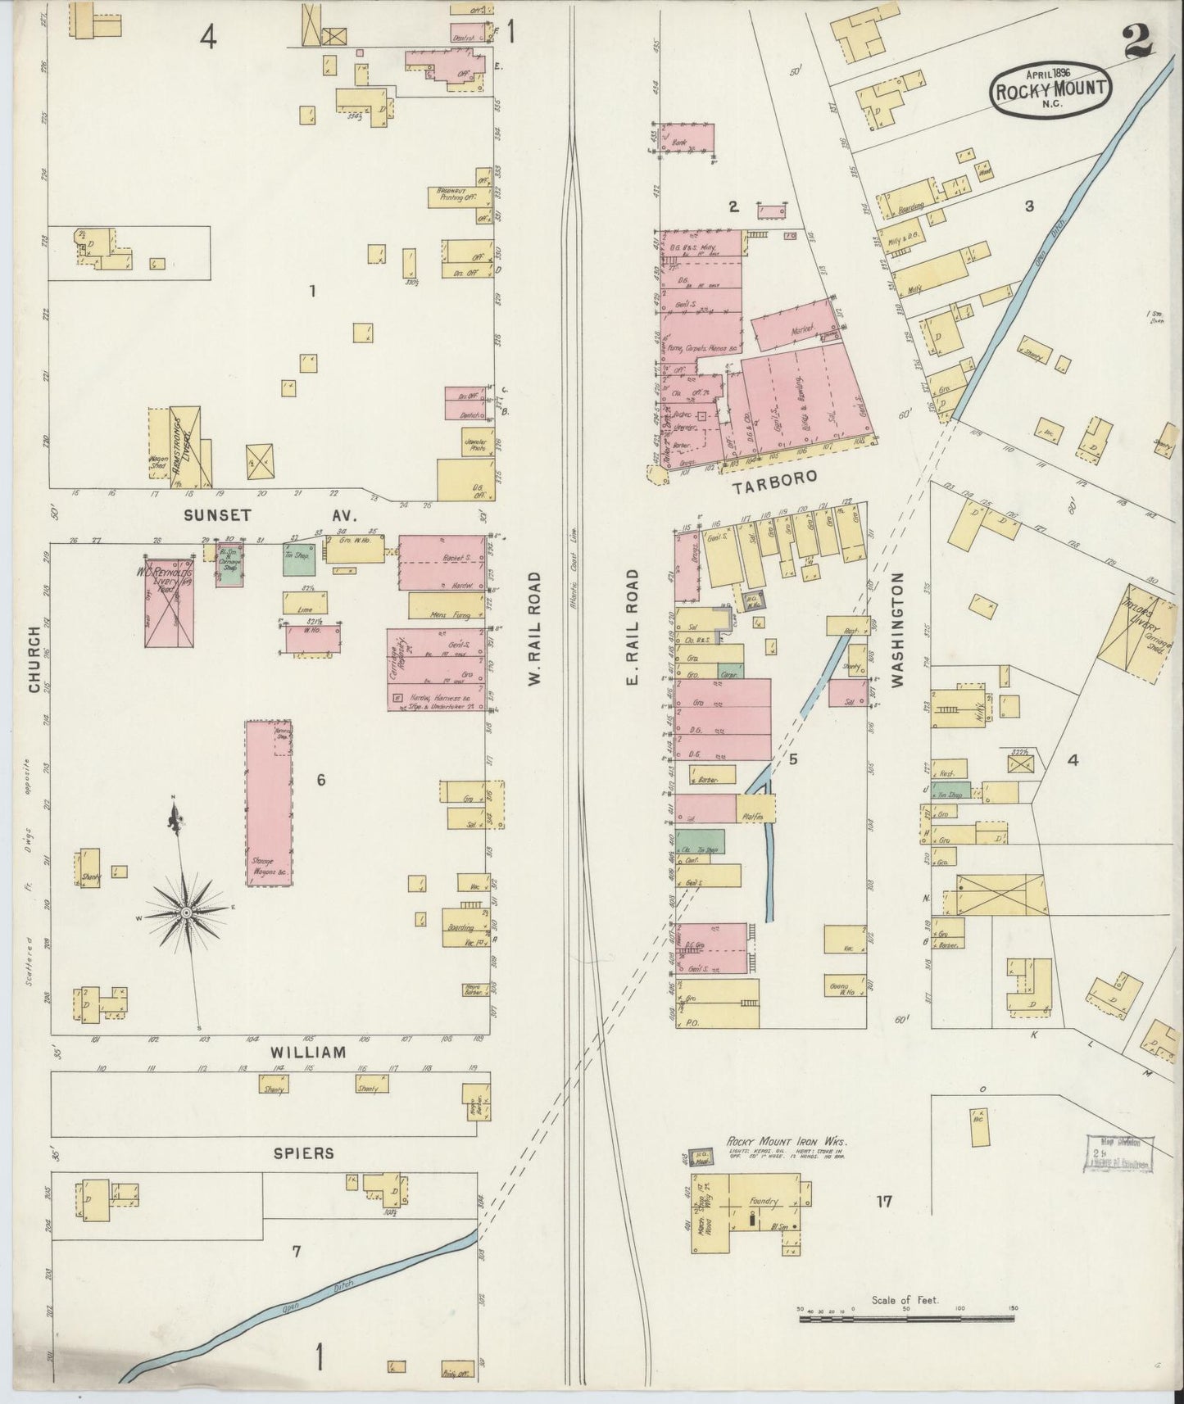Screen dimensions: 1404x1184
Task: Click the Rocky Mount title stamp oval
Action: (x=1051, y=89)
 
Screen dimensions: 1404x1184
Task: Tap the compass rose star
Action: (x=187, y=911)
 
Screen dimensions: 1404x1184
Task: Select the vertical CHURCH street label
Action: (x=34, y=659)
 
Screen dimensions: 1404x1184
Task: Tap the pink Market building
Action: (x=794, y=327)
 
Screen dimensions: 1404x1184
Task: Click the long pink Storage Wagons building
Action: (x=269, y=803)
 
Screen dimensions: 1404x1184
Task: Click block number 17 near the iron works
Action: (x=882, y=1202)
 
